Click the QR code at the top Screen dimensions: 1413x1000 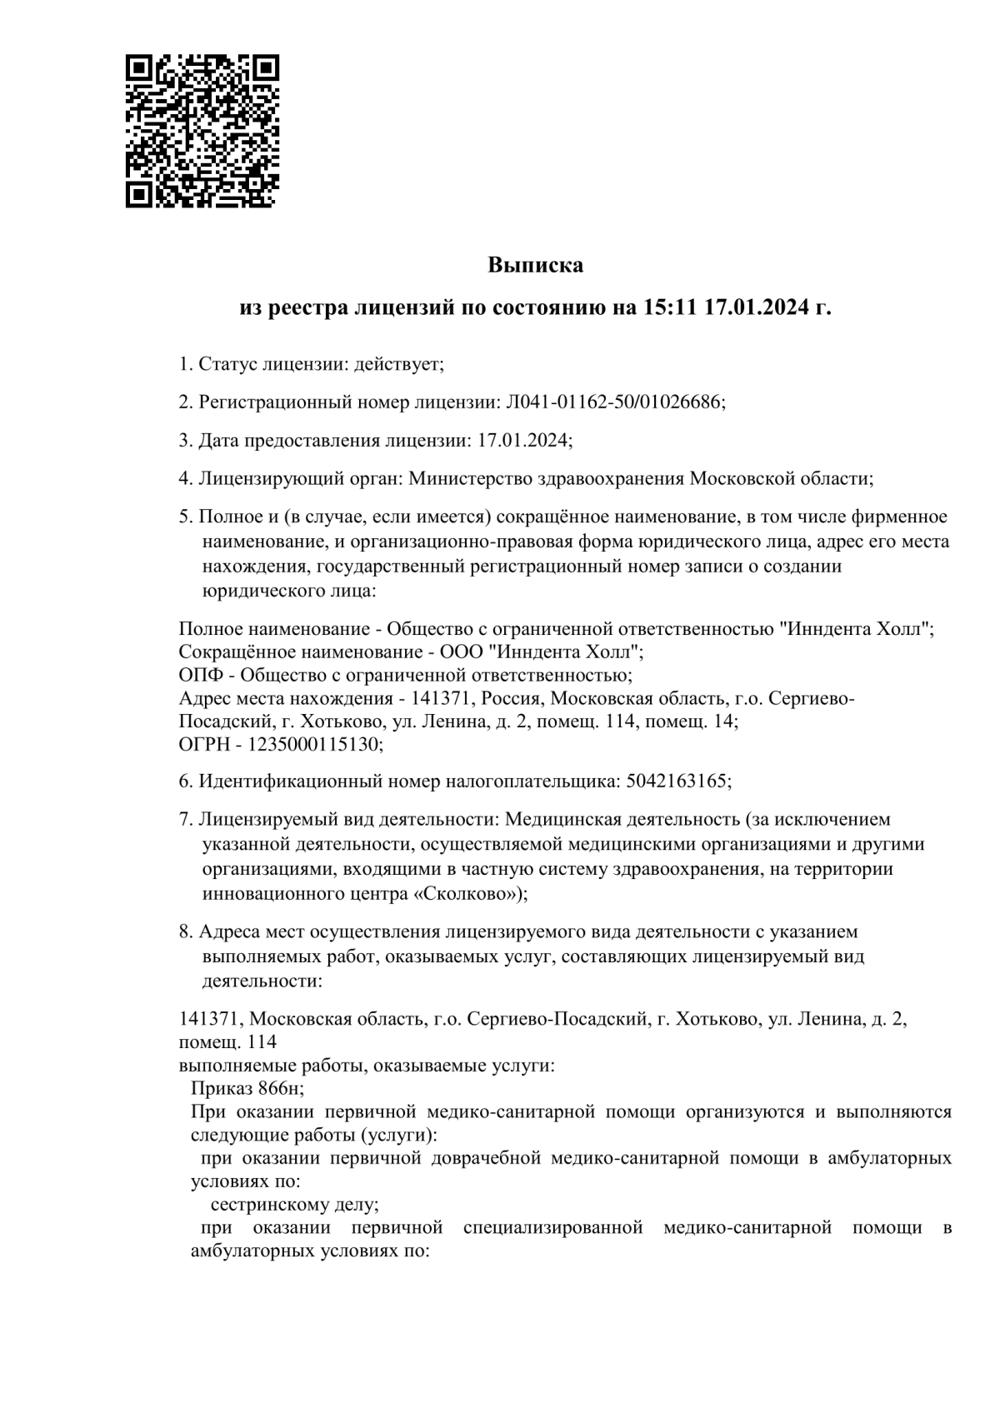pos(202,131)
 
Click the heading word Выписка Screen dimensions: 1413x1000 pos(535,266)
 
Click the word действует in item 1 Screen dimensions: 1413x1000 pos(397,364)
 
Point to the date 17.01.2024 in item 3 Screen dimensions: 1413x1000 pos(523,441)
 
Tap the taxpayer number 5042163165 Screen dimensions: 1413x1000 pos(676,781)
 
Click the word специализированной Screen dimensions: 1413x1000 pos(553,1227)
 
